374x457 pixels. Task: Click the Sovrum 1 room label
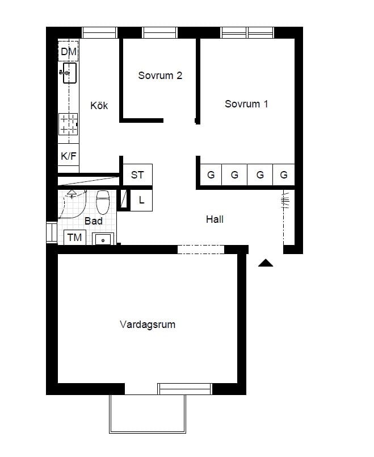246,104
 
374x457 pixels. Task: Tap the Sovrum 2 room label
160,76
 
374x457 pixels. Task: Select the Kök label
99,106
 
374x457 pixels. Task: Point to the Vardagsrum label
148,325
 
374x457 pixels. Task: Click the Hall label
215,219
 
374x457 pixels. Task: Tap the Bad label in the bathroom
93,221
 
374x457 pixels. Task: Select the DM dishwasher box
68,52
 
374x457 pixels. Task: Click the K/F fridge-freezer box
68,155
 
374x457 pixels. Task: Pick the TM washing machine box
75,237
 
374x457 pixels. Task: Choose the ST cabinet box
137,175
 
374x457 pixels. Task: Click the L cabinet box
141,200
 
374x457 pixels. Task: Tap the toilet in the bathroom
103,201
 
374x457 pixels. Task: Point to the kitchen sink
69,73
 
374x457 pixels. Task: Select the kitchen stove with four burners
69,124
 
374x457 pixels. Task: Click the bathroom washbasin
103,239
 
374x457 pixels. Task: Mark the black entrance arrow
266,263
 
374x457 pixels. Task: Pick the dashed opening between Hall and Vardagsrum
201,249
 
